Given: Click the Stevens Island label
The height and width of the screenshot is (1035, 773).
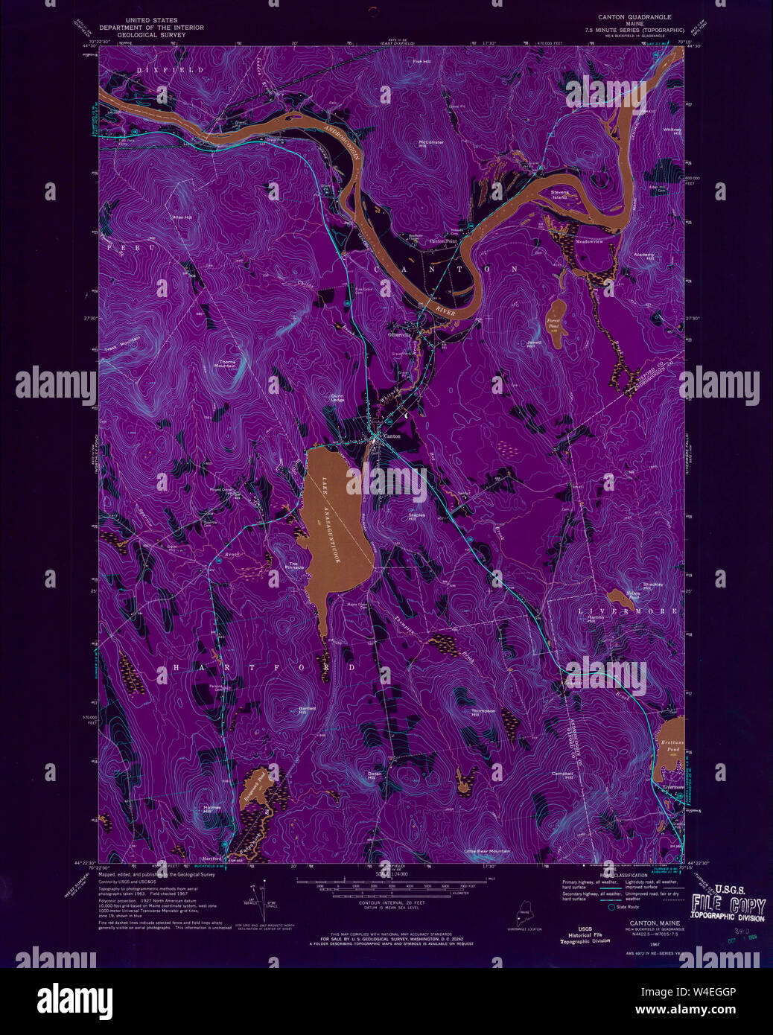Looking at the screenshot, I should coord(560,194).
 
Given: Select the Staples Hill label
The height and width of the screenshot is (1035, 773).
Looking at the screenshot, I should coord(416,515).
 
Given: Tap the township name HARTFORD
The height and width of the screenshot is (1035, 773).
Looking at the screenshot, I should coord(264,668).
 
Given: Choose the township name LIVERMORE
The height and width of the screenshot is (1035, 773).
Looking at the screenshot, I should coord(629,611).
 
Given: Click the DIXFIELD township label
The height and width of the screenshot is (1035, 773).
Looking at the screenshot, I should coord(159,69).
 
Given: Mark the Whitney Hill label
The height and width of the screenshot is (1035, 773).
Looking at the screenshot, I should coord(672,130).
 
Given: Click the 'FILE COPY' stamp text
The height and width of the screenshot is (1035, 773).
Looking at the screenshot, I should coord(728,906).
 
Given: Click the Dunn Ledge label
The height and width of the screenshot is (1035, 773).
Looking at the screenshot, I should coord(337,398).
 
